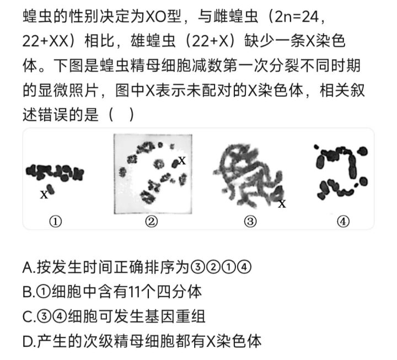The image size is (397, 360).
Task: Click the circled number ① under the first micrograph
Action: pos(55,222)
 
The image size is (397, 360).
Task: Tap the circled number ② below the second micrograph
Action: pos(152,222)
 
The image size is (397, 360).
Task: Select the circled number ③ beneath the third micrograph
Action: pos(250,222)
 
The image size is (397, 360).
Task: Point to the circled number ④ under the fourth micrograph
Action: pos(344,222)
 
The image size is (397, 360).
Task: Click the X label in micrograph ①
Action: pos(44,195)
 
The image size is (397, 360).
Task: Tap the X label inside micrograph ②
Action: pos(183,160)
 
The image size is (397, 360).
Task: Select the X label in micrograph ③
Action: pos(282,204)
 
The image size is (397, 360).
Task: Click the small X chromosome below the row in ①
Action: pos(50,189)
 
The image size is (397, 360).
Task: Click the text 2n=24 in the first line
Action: pos(297,17)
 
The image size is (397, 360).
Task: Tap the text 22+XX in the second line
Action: pos(46,41)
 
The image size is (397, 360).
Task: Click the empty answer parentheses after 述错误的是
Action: pos(121,115)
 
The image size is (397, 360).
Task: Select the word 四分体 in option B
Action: pos(179,292)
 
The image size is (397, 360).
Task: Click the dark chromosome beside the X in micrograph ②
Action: pos(175,164)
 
